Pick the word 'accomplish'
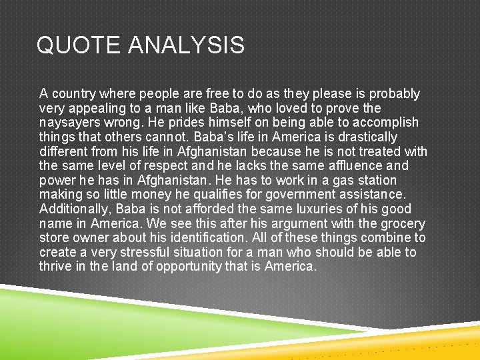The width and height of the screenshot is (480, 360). tap(387, 123)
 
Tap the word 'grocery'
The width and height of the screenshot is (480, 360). tap(403, 224)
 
